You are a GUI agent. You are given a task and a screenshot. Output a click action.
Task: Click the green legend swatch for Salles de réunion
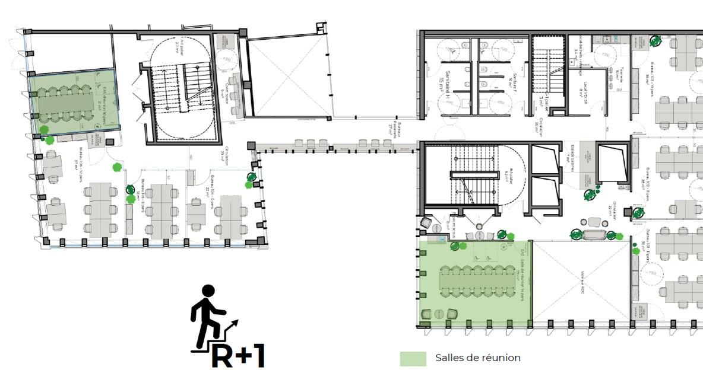coord(413,358)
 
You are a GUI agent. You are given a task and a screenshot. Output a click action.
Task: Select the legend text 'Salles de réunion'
coord(477,358)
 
